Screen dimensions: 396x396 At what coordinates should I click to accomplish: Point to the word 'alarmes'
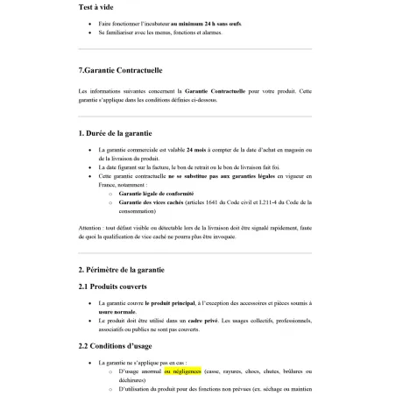click(210, 33)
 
